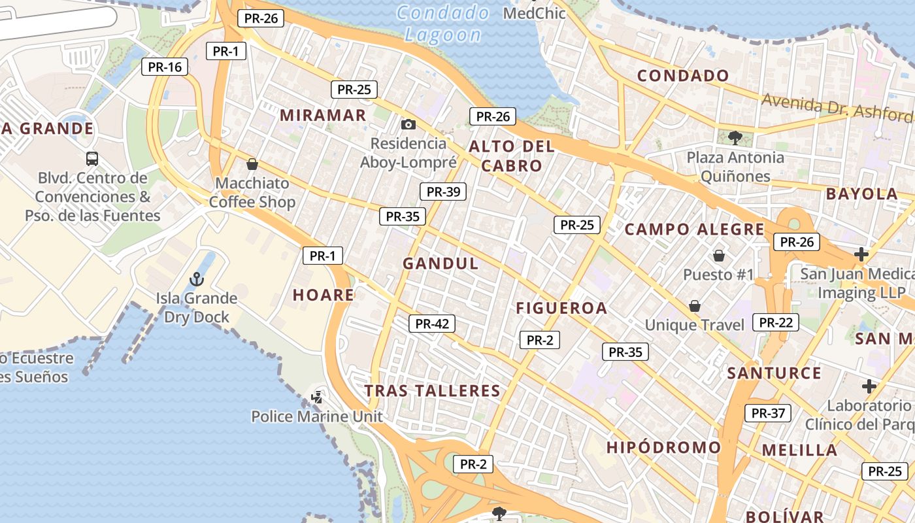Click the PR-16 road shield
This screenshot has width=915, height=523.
coord(165,66)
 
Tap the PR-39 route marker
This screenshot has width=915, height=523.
coord(443,192)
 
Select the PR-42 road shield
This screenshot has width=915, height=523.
coord(432,323)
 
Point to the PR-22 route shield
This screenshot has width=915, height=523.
coord(776,322)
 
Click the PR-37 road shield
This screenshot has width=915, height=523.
coord(768,413)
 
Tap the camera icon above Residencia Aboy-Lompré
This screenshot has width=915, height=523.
coord(408,124)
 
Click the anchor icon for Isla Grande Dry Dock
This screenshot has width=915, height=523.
coord(196,280)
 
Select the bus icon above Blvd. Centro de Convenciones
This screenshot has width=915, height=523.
coord(92,159)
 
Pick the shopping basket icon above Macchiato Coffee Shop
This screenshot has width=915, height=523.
coord(252,164)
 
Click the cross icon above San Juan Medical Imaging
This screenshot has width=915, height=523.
coord(861,254)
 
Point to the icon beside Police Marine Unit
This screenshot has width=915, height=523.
coord(317,397)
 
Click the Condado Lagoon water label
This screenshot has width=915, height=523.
coord(443,24)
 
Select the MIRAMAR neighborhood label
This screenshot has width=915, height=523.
coord(323,116)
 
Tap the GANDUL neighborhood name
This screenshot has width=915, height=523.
coord(441,264)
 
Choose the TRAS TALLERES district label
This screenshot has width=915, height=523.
coord(432,391)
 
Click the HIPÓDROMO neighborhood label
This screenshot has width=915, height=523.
coord(663,448)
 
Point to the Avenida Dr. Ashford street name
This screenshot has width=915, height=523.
coord(837,107)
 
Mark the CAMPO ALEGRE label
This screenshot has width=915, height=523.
coord(694,229)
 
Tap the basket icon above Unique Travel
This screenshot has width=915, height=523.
coord(694,306)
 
